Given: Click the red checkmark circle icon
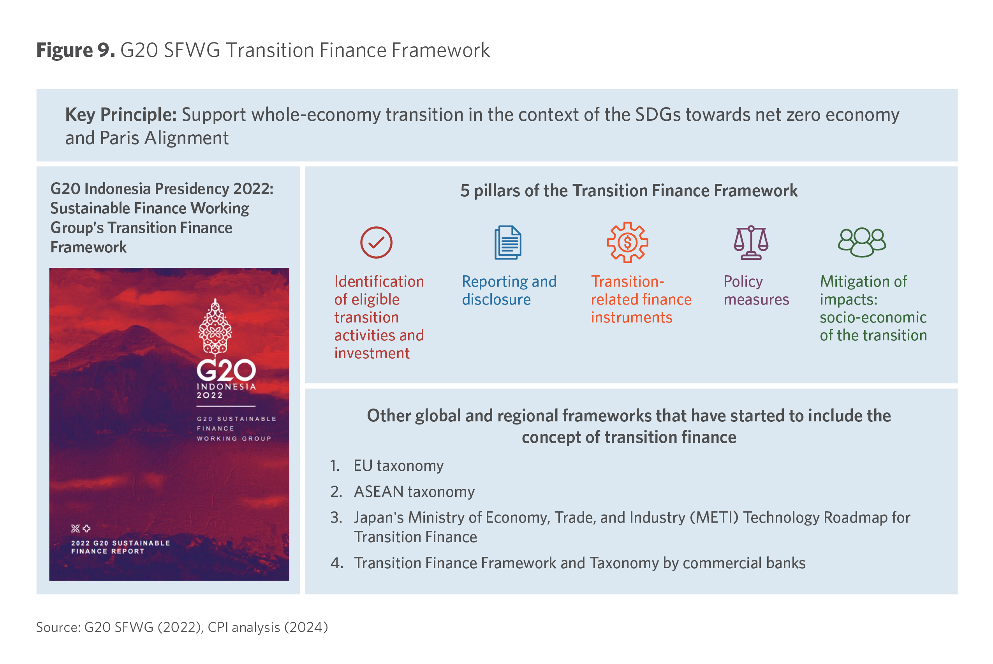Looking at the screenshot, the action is (x=376, y=243).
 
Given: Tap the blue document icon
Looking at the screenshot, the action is (x=508, y=243).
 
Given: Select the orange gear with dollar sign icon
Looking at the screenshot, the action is (x=627, y=243).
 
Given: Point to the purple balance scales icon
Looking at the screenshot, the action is (x=751, y=243).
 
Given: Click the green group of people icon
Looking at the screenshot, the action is (x=862, y=243).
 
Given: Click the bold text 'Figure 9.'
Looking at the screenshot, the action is (x=76, y=50).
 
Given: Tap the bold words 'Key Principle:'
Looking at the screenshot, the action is (x=121, y=115).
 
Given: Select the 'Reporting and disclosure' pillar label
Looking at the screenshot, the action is (x=509, y=291).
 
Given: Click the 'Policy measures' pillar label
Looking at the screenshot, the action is (x=756, y=291).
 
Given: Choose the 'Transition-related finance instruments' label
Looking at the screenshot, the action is (x=641, y=299).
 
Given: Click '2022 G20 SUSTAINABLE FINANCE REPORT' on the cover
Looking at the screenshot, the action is (x=120, y=547).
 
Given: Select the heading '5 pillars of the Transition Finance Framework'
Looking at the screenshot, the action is (x=629, y=191).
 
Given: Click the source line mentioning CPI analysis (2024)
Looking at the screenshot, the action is (x=182, y=627).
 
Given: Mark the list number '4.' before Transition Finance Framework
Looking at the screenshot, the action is (x=336, y=563).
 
